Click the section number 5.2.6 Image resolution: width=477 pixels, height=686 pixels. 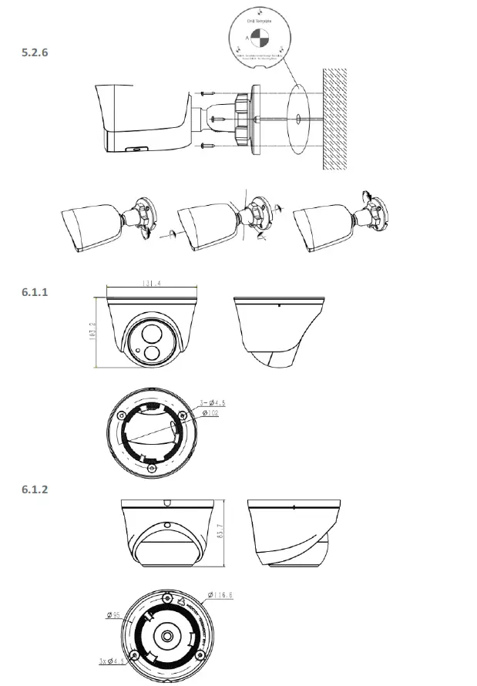39,53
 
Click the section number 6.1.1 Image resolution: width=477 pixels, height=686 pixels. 39,292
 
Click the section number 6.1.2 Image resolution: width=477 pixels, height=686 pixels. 39,489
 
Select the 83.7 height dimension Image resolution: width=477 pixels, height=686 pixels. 229,533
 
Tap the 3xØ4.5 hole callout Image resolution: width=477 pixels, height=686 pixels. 113,661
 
